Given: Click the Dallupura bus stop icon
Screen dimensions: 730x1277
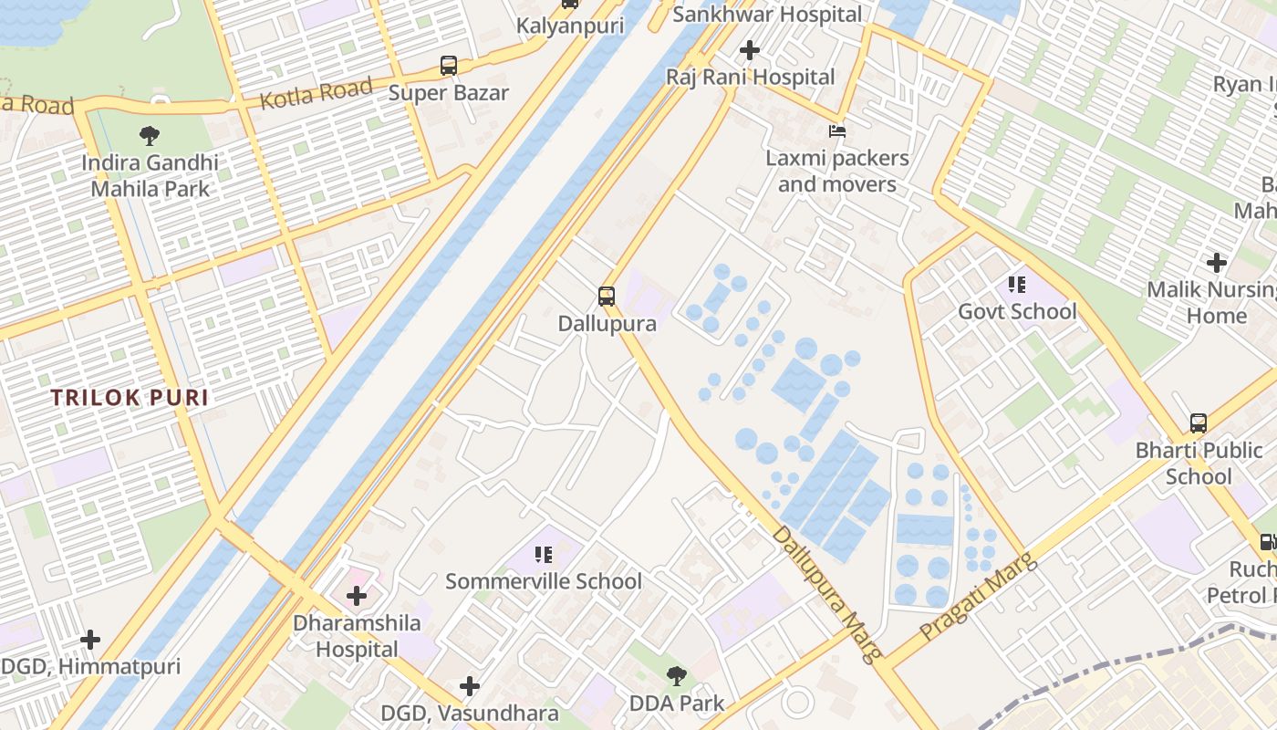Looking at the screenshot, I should [607, 297].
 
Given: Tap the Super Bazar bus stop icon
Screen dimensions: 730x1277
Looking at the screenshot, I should [449, 66].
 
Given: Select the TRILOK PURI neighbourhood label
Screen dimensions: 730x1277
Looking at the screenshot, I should [130, 398].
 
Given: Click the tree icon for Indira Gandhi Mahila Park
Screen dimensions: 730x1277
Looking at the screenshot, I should [150, 136].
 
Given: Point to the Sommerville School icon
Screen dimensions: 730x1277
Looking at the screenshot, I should [544, 554].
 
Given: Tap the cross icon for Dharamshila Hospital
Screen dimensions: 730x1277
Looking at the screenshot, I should [357, 596].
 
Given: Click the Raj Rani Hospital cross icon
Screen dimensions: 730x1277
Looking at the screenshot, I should [750, 50].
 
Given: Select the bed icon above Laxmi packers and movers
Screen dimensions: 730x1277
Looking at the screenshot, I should [836, 131].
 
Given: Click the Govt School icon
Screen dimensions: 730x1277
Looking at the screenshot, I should [1017, 285].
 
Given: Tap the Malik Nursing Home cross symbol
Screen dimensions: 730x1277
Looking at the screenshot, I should [1216, 264].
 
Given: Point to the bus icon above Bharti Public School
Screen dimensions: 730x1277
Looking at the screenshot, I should [1199, 423].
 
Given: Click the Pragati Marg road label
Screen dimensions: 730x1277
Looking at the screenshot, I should [978, 597].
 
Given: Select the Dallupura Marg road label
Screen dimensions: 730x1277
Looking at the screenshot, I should [828, 593].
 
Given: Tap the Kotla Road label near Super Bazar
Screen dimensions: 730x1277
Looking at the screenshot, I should [316, 93].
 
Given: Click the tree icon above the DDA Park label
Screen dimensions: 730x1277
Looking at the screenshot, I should [676, 676].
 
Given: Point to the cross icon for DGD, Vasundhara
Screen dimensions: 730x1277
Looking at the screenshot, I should [470, 685].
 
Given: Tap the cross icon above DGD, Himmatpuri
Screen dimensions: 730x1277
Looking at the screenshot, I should [89, 640].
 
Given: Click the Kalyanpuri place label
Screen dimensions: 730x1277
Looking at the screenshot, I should [570, 26].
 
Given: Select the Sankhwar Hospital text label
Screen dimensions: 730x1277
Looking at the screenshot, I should [766, 15].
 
